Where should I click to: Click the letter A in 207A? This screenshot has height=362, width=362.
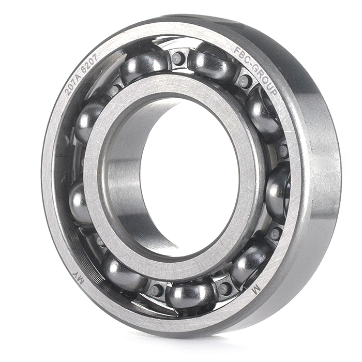[76, 77]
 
